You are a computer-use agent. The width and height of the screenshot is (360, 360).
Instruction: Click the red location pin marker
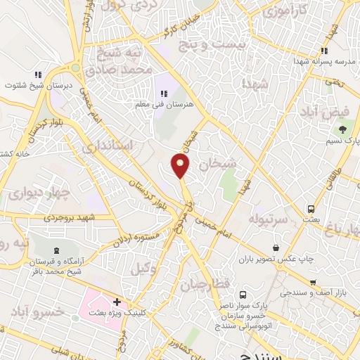coord(181,166)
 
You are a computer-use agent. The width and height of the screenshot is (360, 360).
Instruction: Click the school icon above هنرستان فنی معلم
coord(164,93)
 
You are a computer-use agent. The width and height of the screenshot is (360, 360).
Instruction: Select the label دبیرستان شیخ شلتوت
coord(37,85)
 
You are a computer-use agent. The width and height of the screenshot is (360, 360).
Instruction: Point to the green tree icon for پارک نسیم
coord(342,130)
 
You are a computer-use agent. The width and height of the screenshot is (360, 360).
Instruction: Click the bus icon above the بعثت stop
coord(311,209)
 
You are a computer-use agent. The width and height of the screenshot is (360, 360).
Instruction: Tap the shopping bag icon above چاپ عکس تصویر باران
coord(276,246)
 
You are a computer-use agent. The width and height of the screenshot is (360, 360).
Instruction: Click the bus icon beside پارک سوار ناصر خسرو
coord(242,295)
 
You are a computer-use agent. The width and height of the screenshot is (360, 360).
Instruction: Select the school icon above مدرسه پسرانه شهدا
coord(323,51)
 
